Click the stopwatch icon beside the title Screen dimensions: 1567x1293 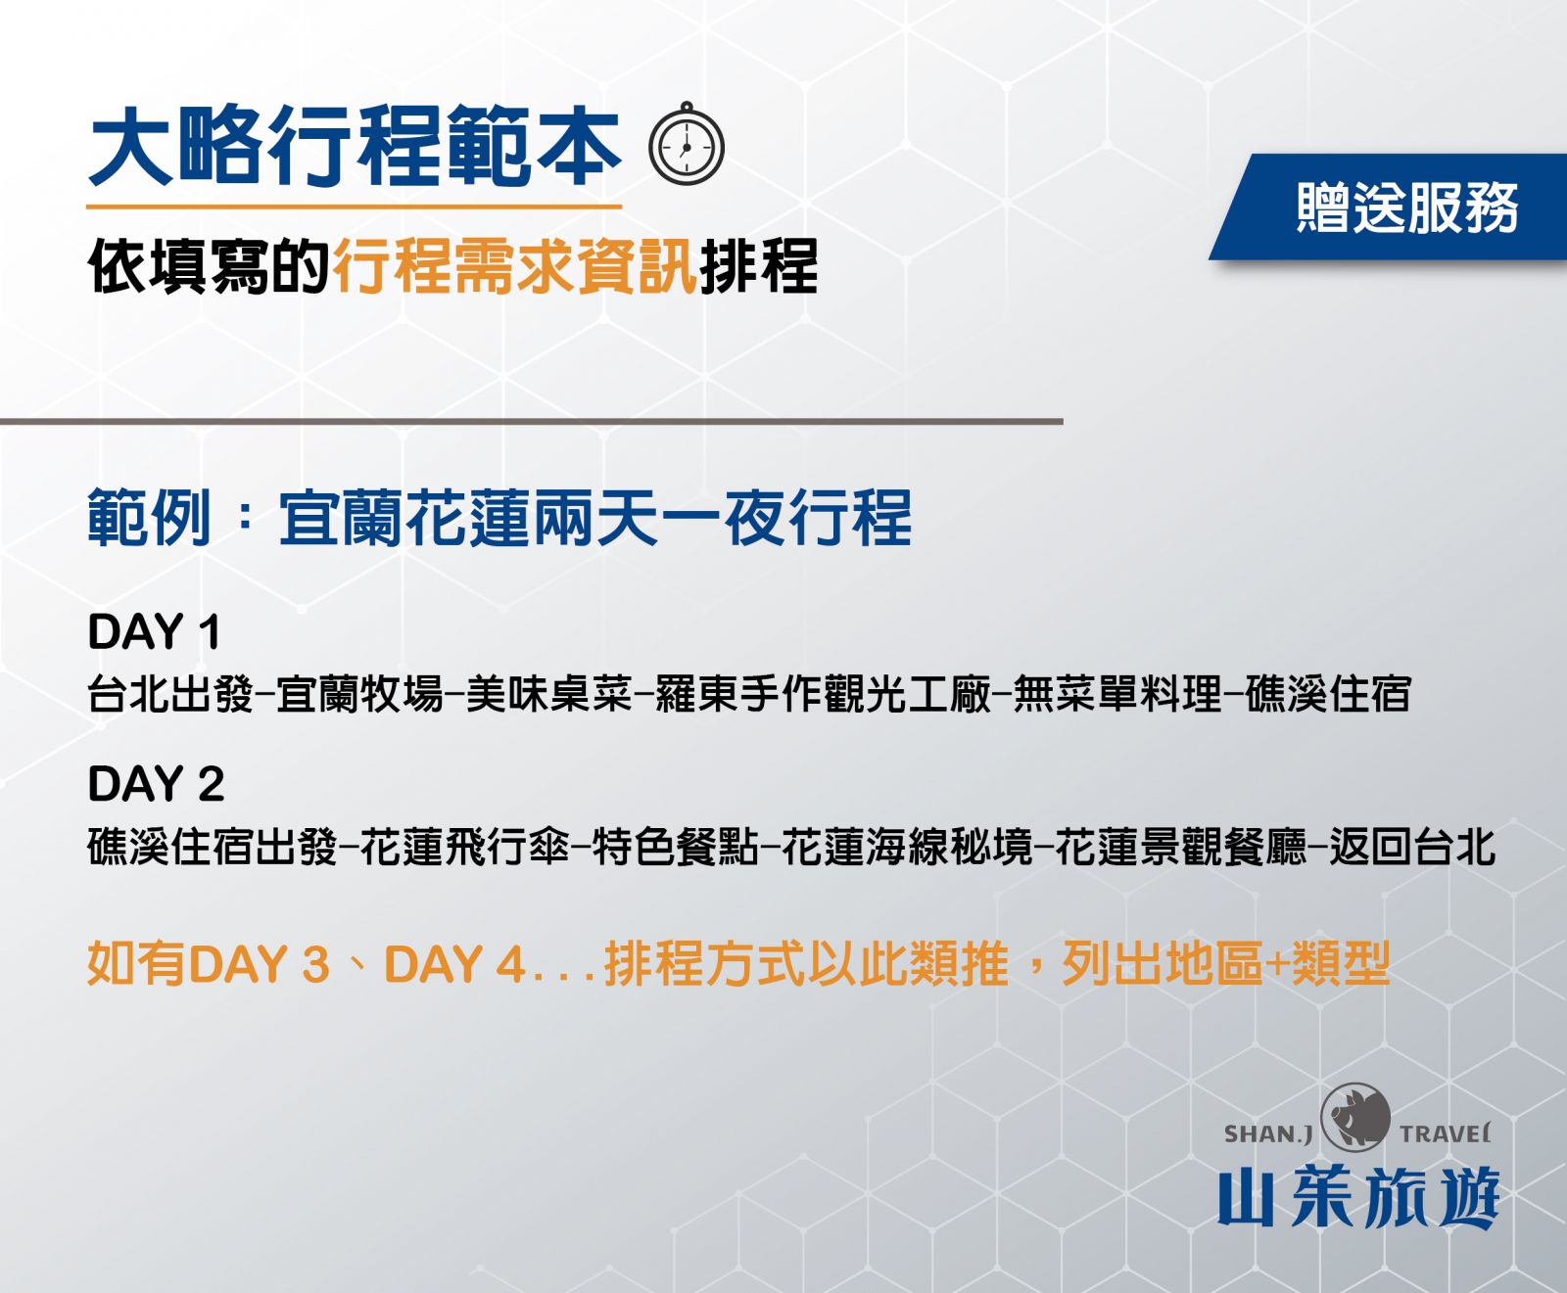tap(687, 144)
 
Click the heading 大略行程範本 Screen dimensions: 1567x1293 tap(355, 147)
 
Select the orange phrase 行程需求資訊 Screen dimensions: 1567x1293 tap(515, 266)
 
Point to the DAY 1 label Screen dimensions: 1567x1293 tap(154, 632)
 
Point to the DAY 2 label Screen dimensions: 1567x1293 tap(156, 784)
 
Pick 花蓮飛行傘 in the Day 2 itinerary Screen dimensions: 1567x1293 tap(464, 847)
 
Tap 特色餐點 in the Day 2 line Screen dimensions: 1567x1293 tap(675, 847)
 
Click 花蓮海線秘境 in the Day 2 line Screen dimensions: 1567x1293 tap(907, 847)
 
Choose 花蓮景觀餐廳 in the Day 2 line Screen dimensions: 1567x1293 tap(1181, 847)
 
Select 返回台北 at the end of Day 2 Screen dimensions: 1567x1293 tap(1412, 847)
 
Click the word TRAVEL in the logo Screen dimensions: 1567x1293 tap(1446, 1134)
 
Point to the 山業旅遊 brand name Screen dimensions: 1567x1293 tap(1358, 1197)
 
